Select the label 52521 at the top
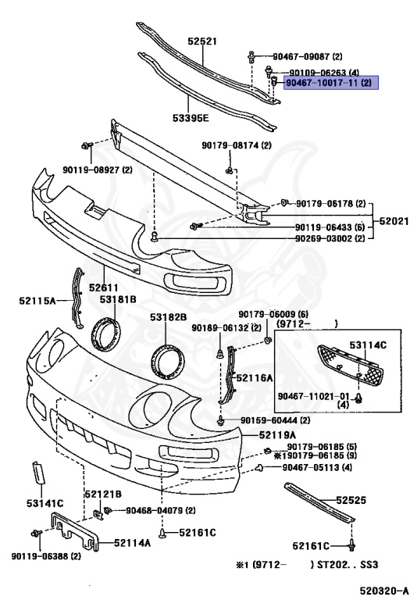tap(202, 41)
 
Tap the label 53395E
tap(191, 118)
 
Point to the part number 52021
tap(394, 221)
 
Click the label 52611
tap(104, 287)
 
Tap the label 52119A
tap(277, 435)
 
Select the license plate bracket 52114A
tap(74, 531)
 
